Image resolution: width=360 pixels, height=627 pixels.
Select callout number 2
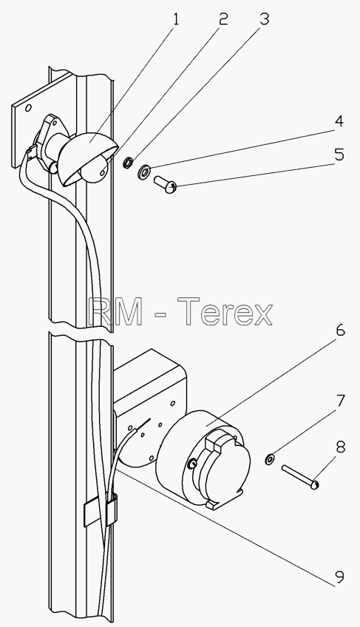tap(223, 18)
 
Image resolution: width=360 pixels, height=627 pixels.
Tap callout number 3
tap(264, 18)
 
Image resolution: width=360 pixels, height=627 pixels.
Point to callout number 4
tap(339, 121)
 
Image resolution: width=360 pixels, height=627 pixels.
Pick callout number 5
tap(339, 155)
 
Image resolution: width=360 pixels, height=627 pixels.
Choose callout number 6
tap(339, 331)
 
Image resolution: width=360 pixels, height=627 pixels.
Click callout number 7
tap(339, 400)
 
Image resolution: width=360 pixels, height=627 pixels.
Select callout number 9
tap(339, 576)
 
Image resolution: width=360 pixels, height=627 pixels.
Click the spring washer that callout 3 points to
tap(128, 163)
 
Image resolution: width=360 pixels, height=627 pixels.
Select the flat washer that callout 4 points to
tap(143, 171)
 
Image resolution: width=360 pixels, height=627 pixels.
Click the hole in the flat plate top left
tap(28, 109)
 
